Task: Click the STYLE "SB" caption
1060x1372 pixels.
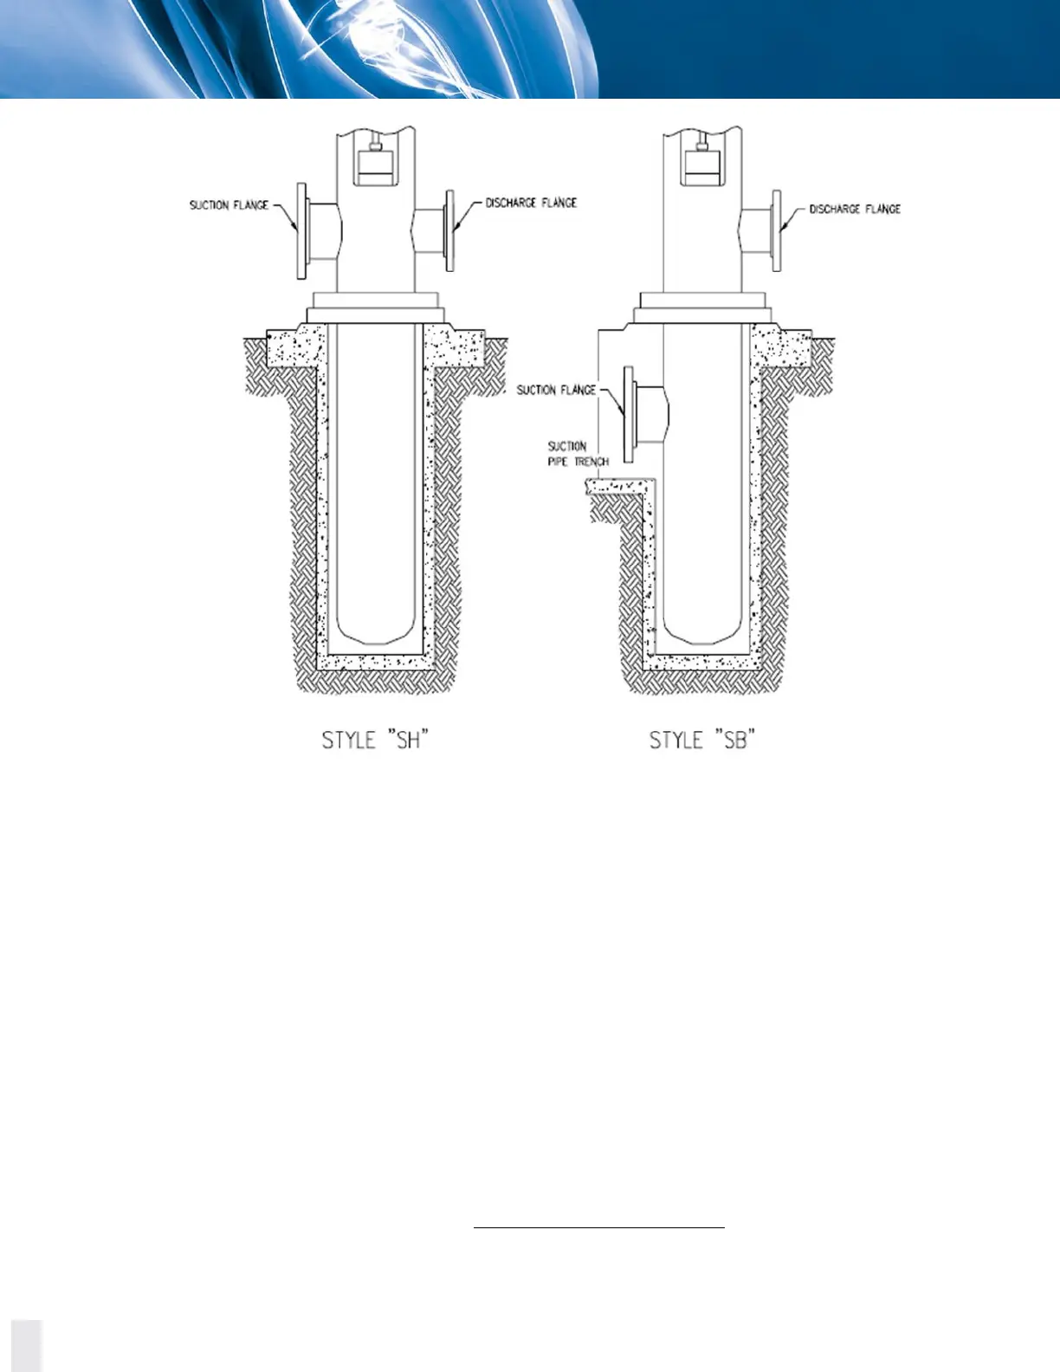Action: (702, 741)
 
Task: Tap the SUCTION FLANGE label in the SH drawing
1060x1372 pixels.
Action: (229, 205)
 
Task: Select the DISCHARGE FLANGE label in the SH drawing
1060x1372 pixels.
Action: (530, 203)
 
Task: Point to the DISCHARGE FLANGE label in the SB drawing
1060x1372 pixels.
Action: (855, 209)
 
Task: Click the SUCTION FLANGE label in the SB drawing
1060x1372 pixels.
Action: (556, 390)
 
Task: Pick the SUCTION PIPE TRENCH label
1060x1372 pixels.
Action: (578, 454)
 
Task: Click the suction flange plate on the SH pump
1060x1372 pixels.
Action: (301, 230)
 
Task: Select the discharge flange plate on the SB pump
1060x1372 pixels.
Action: (777, 230)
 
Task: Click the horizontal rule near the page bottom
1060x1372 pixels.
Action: (598, 1226)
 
